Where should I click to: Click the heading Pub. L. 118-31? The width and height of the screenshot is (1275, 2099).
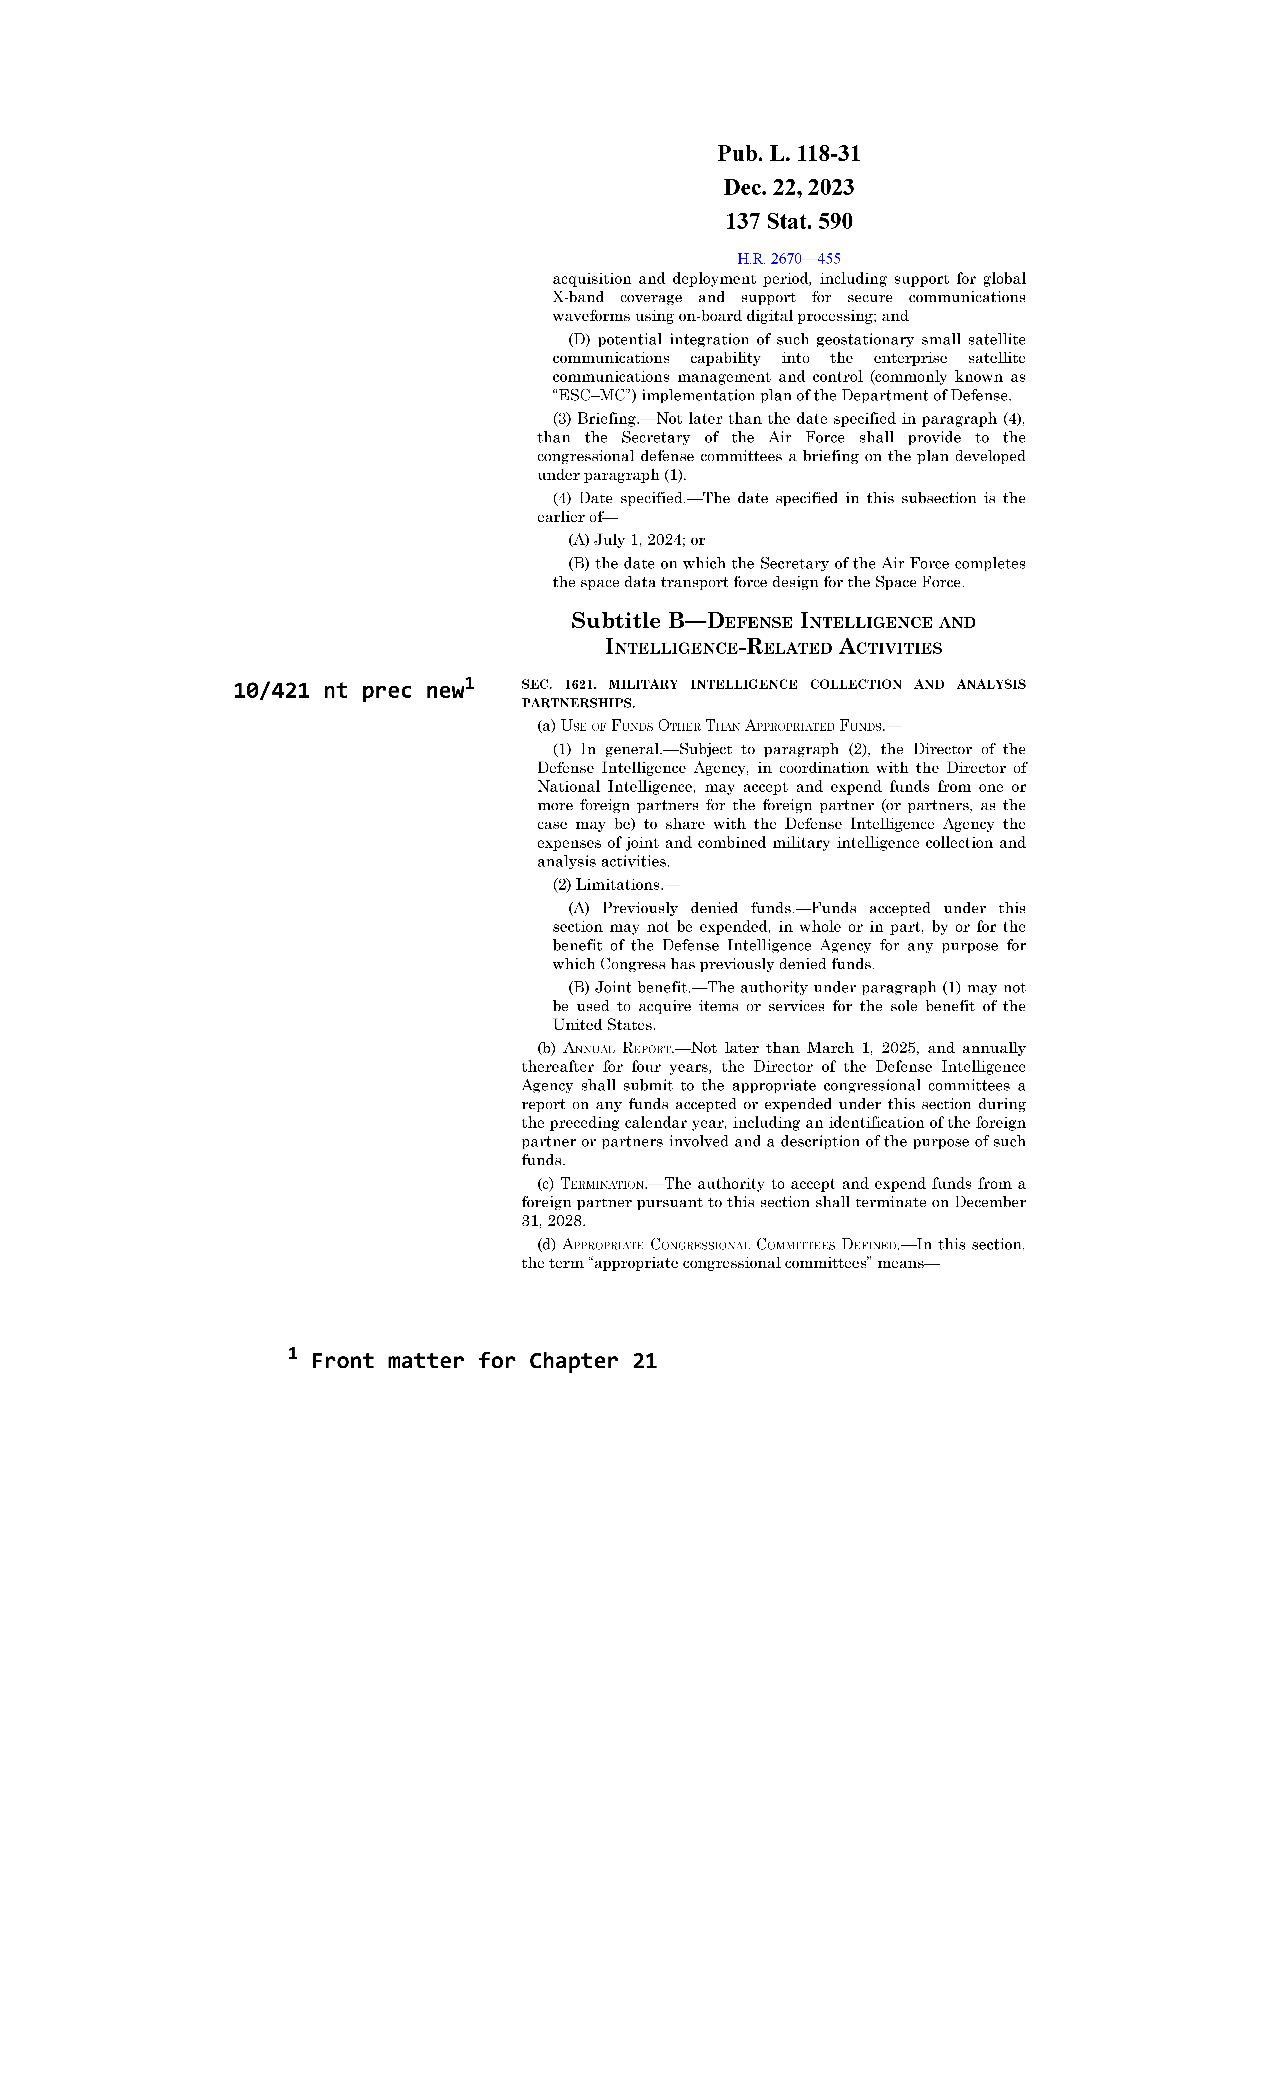(788, 154)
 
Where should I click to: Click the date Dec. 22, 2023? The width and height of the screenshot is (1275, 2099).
(788, 187)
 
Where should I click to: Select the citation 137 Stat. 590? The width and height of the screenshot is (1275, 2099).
(788, 221)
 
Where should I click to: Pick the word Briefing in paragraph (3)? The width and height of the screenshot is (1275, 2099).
(607, 419)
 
